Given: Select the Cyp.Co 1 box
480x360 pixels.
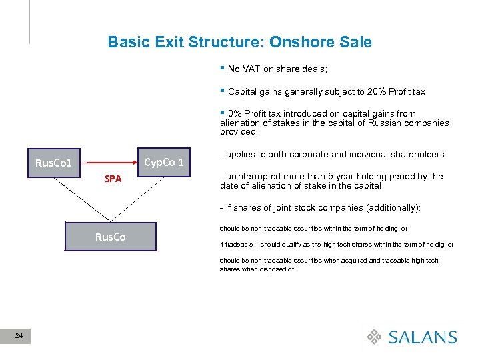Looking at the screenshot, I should coord(164,162).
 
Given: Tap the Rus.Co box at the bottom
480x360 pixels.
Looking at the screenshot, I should coord(110,237).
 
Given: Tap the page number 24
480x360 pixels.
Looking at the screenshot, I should coord(20,337).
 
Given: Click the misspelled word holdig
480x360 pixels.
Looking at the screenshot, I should coord(437,245).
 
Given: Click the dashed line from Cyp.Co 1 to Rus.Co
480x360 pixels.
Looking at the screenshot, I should coord(140,199).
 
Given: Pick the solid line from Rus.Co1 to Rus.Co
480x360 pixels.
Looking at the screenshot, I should coord(84,199).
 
